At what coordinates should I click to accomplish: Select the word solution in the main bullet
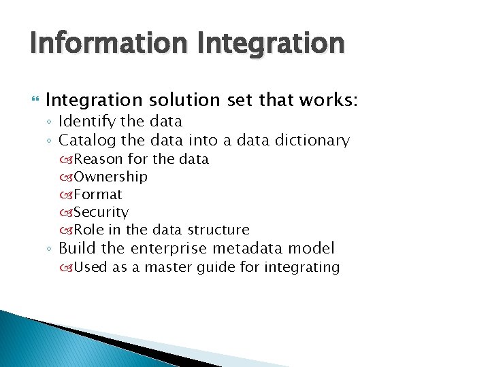tap(181, 101)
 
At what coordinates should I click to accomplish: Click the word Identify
tap(86, 122)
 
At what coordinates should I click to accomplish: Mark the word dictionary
tap(312, 141)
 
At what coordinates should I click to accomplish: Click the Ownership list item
tap(110, 177)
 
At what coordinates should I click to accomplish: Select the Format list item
tap(98, 194)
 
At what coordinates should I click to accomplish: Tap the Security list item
tap(101, 212)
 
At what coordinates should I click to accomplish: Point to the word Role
tap(87, 230)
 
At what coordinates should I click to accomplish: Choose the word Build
tap(77, 248)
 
